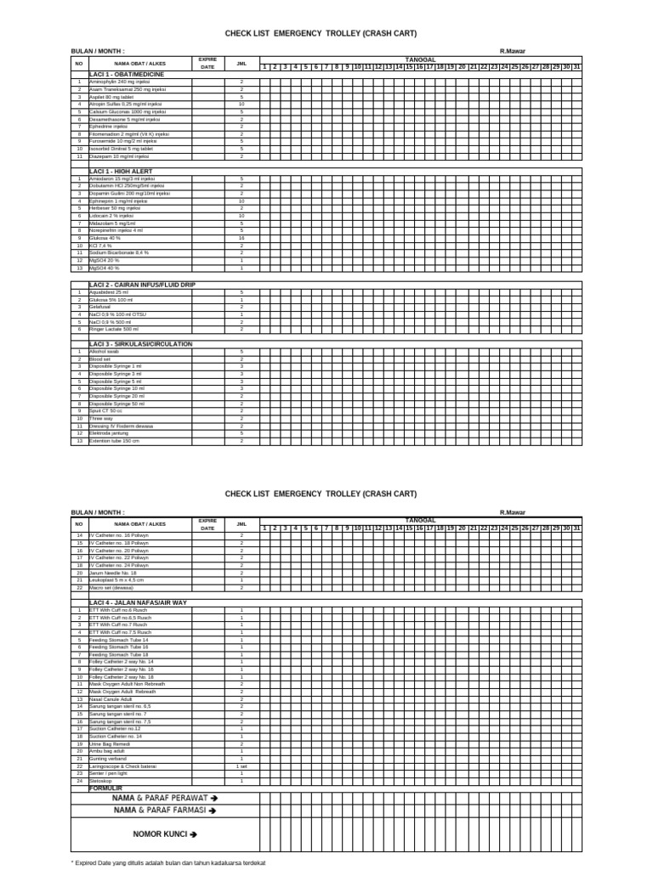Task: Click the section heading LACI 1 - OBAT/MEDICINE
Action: pos(127,75)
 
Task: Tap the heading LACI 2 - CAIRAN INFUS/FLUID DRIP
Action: pos(141,285)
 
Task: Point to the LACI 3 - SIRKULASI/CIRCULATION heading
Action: pos(141,344)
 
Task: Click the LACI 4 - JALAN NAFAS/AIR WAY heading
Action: pos(138,602)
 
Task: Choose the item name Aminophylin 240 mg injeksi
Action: pos(120,82)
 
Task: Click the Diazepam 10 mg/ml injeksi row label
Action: pos(119,157)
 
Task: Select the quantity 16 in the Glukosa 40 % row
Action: pos(241,239)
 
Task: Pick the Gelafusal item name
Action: pos(101,307)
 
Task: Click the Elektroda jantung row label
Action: pos(109,433)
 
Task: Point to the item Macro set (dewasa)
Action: pos(112,587)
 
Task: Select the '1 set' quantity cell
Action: pos(241,766)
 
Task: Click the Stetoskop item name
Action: pos(101,781)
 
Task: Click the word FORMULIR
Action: pos(106,788)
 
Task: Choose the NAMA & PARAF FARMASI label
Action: pos(165,811)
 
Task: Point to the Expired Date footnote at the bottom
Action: pos(168,862)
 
